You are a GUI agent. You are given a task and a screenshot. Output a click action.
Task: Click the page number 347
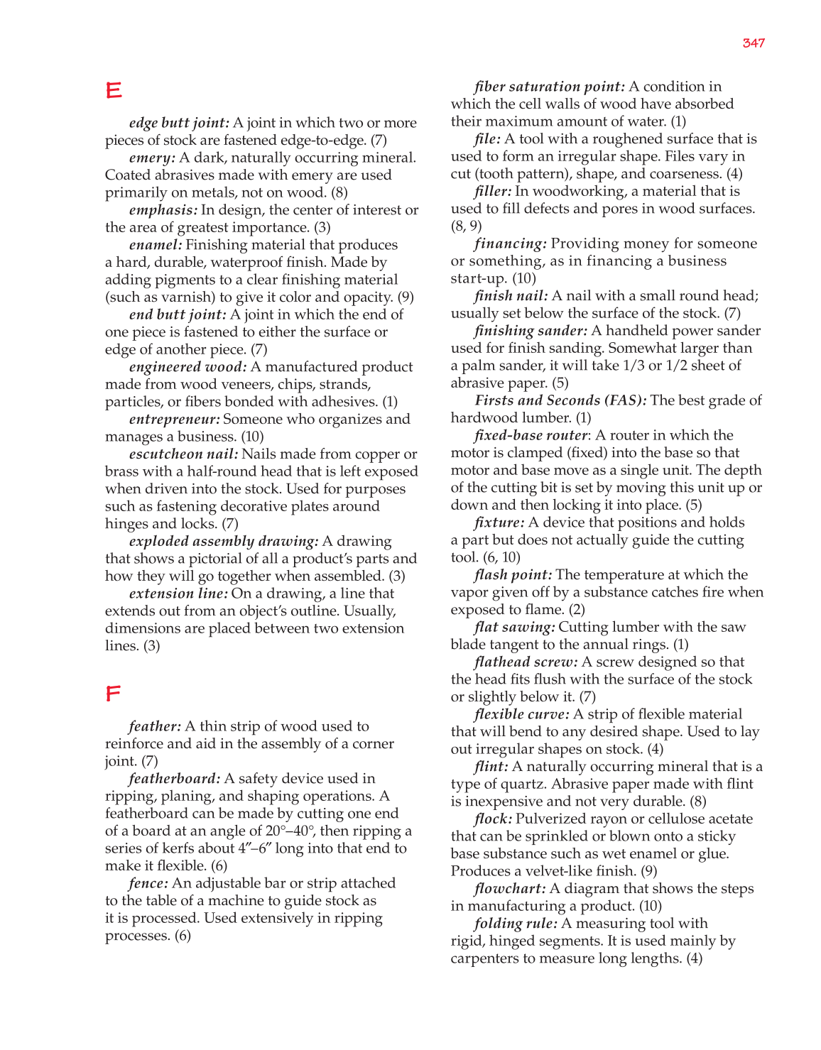(754, 43)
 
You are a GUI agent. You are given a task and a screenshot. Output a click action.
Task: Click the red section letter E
(114, 91)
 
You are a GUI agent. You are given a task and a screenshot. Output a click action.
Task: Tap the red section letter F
(113, 694)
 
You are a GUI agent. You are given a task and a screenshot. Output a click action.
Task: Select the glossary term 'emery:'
(152, 158)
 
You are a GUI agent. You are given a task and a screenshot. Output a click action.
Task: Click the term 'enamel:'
(156, 245)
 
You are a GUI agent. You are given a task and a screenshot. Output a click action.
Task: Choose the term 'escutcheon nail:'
(183, 454)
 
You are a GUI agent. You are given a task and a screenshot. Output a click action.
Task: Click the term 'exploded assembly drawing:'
(224, 541)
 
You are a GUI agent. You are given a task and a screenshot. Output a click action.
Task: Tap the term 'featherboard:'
(174, 779)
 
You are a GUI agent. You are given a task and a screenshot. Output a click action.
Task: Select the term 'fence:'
(148, 883)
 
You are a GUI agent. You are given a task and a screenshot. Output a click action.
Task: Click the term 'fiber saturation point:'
(549, 87)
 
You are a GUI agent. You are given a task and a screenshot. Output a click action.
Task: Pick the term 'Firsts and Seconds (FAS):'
(560, 400)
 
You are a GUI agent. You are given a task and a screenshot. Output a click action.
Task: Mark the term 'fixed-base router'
(531, 435)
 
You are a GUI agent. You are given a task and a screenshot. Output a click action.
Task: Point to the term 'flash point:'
(513, 574)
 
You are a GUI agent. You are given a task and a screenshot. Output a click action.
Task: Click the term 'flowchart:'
(509, 889)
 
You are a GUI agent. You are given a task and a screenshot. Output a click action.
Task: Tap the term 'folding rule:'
(516, 924)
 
